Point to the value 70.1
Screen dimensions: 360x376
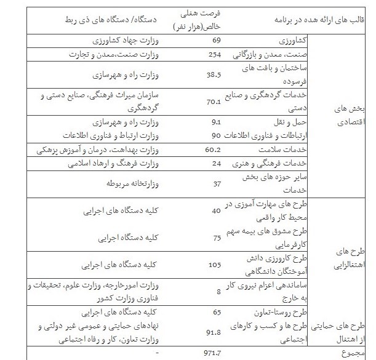(214, 102)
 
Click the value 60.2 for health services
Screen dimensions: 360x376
(213, 150)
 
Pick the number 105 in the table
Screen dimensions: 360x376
(215, 265)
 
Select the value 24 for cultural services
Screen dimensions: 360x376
(216, 164)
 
